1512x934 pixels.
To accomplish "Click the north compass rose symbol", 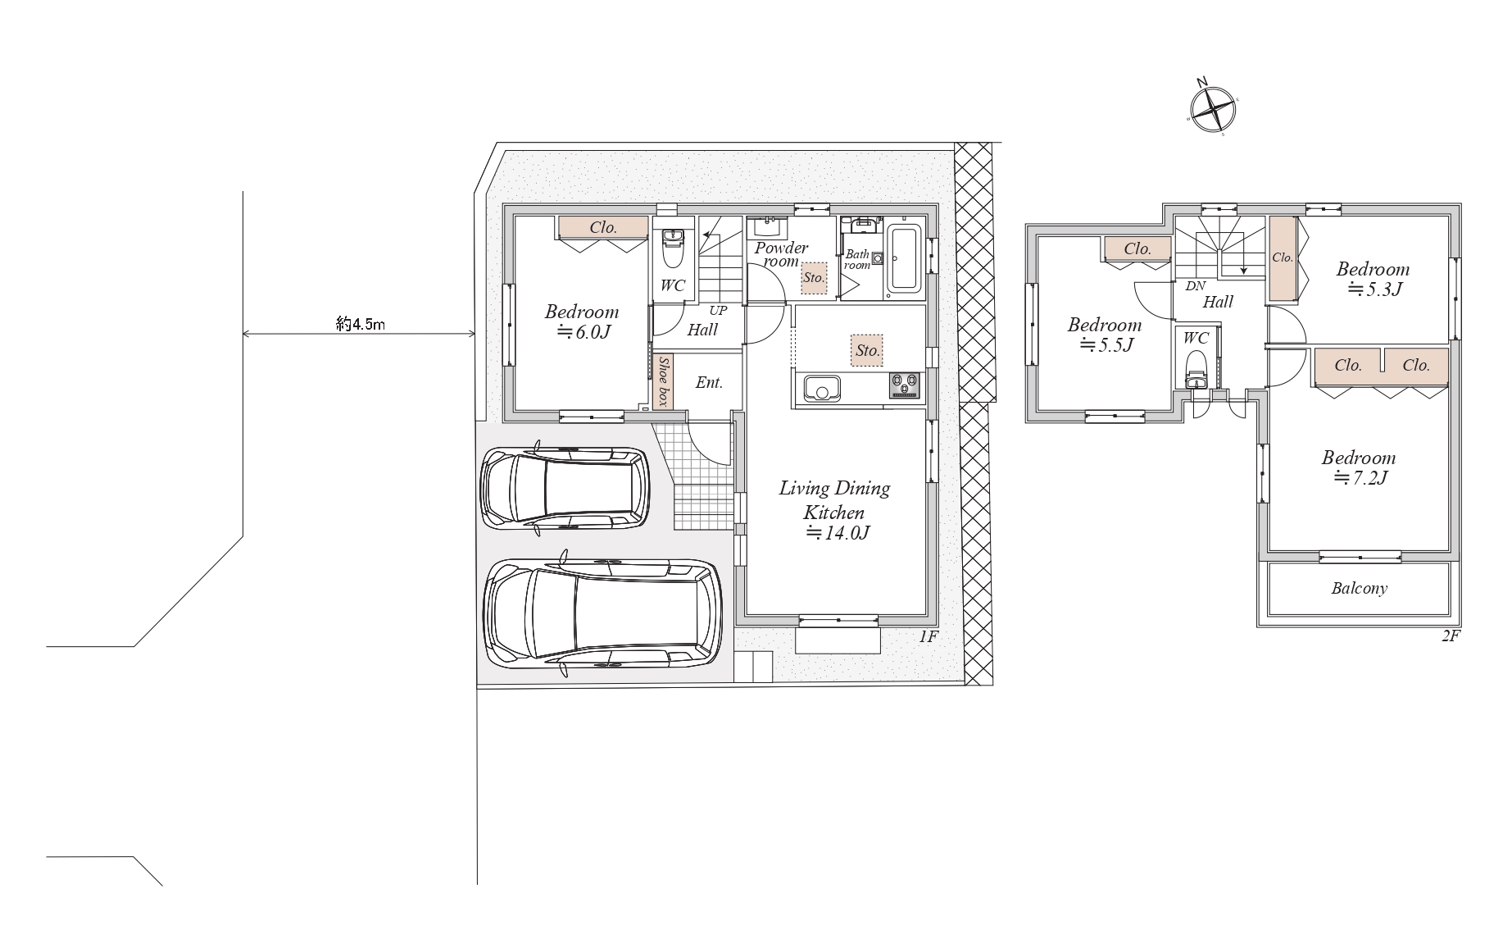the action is click(x=1212, y=108).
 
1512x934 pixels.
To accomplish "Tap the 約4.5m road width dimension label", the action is click(x=361, y=324).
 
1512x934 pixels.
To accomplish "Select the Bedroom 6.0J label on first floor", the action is click(x=582, y=321).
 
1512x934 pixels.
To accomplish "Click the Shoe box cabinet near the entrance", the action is click(x=663, y=381).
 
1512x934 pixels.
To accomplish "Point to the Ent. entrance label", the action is click(x=709, y=382).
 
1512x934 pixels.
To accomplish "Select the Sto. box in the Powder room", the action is click(x=814, y=277).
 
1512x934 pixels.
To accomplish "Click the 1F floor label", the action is click(x=927, y=636).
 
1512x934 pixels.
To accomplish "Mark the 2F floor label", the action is click(x=1451, y=636).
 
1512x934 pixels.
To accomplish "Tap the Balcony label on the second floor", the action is click(x=1359, y=588).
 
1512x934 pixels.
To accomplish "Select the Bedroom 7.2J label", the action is click(x=1358, y=467).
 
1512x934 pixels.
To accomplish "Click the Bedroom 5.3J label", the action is click(x=1374, y=279).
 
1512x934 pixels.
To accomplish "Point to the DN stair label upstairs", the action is click(x=1196, y=286).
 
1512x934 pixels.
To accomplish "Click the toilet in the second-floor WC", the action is click(x=1196, y=371).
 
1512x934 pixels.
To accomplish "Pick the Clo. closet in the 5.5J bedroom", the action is click(x=1137, y=248).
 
